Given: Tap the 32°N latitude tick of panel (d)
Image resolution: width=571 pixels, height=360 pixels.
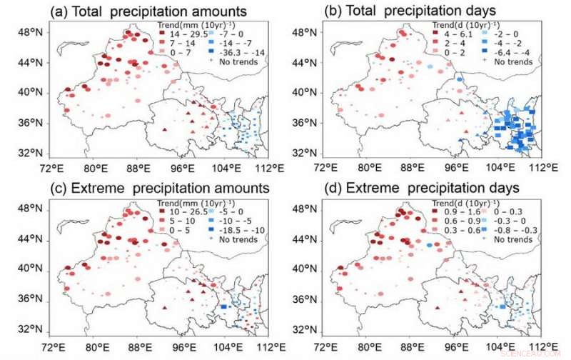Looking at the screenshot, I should [305, 330].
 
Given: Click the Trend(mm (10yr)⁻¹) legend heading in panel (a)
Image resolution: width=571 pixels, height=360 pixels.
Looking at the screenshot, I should [188, 25].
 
